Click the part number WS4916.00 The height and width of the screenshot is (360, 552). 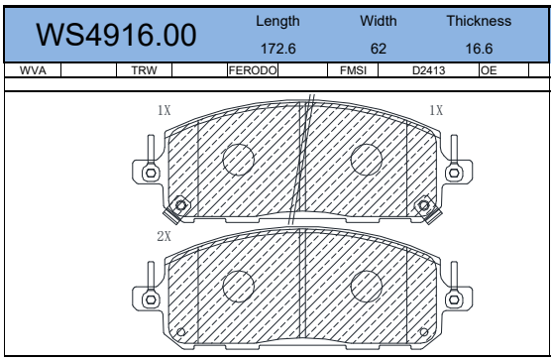(116, 35)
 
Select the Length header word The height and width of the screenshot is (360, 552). (277, 22)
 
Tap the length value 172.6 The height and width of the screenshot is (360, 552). (278, 49)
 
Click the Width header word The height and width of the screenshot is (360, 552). (379, 21)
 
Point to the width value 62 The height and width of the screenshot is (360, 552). (379, 49)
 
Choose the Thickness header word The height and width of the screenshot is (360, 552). (479, 21)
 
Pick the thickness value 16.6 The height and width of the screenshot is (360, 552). (479, 49)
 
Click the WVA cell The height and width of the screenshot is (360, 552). (33, 70)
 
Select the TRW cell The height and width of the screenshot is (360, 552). (144, 70)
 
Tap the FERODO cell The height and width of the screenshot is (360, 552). (253, 70)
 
